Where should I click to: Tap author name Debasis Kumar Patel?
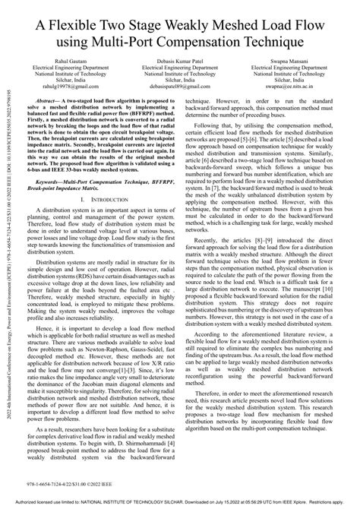click(180, 59)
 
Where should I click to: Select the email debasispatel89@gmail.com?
click(180, 87)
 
